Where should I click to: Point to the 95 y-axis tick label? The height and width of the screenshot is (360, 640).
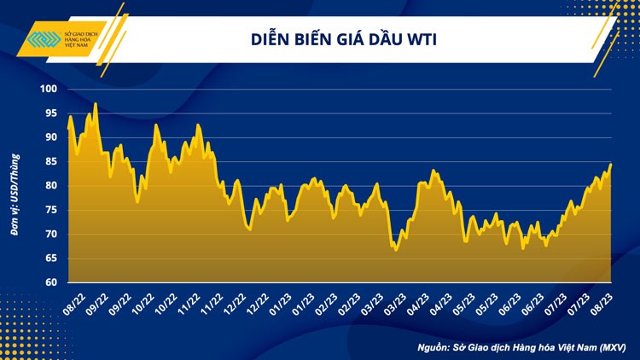pyautogui.click(x=50, y=113)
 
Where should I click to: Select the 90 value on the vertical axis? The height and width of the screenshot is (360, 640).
pyautogui.click(x=50, y=137)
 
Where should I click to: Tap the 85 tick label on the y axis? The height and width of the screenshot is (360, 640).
pyautogui.click(x=50, y=161)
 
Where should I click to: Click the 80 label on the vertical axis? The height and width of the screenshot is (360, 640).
pyautogui.click(x=50, y=185)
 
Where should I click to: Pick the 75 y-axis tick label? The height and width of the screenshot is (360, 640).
pyautogui.click(x=50, y=210)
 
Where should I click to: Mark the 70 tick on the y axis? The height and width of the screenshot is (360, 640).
pyautogui.click(x=50, y=234)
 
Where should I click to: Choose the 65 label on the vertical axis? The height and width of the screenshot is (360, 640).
pyautogui.click(x=50, y=258)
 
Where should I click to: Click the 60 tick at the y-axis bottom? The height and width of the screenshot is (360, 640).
pyautogui.click(x=50, y=282)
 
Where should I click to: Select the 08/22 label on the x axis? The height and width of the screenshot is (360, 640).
pyautogui.click(x=74, y=301)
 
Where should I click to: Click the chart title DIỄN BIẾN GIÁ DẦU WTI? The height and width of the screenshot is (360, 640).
pyautogui.click(x=345, y=38)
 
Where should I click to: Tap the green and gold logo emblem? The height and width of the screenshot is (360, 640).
pyautogui.click(x=44, y=41)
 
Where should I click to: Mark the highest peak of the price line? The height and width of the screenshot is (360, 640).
pyautogui.click(x=95, y=103)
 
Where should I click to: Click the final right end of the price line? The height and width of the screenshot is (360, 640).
pyautogui.click(x=611, y=164)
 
